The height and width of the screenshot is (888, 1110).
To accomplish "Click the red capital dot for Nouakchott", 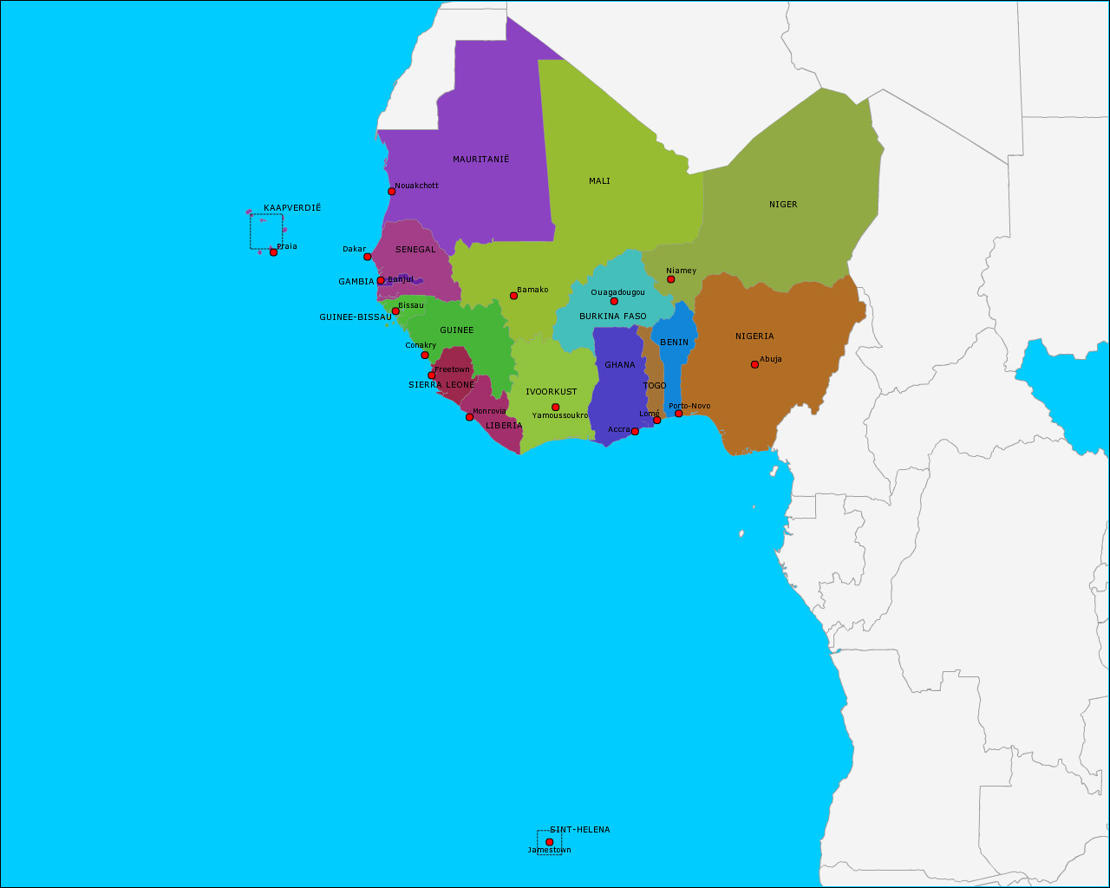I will [391, 192].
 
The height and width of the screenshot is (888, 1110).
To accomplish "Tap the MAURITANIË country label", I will [481, 160].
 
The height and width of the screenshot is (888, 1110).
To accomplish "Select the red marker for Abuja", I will [754, 364].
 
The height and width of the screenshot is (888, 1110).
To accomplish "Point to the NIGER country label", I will [783, 205].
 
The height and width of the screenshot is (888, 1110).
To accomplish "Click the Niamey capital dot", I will [670, 279].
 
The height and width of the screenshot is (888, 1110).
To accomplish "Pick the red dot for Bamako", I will [513, 296].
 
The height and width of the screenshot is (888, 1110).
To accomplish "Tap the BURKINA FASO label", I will [613, 317].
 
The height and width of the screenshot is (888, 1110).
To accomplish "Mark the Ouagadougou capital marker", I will [614, 301].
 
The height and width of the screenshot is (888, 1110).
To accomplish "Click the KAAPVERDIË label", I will [292, 208].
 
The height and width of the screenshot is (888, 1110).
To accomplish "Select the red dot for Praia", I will [273, 252].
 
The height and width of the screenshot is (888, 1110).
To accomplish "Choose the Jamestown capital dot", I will [549, 842].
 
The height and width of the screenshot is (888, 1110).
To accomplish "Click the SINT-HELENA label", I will [580, 830].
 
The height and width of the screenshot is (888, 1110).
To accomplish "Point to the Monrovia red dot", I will [469, 417].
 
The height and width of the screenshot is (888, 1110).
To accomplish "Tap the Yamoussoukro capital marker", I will [555, 407].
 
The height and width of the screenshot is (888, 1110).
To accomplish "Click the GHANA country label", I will [620, 365].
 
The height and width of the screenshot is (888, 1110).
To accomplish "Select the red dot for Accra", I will [635, 431].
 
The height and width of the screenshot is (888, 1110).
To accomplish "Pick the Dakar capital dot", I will [367, 257].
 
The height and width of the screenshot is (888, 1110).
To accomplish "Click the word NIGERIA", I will [754, 336].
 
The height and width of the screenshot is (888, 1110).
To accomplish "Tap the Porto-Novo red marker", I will [678, 414].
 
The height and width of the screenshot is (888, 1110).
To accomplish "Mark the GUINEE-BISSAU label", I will [356, 317].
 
